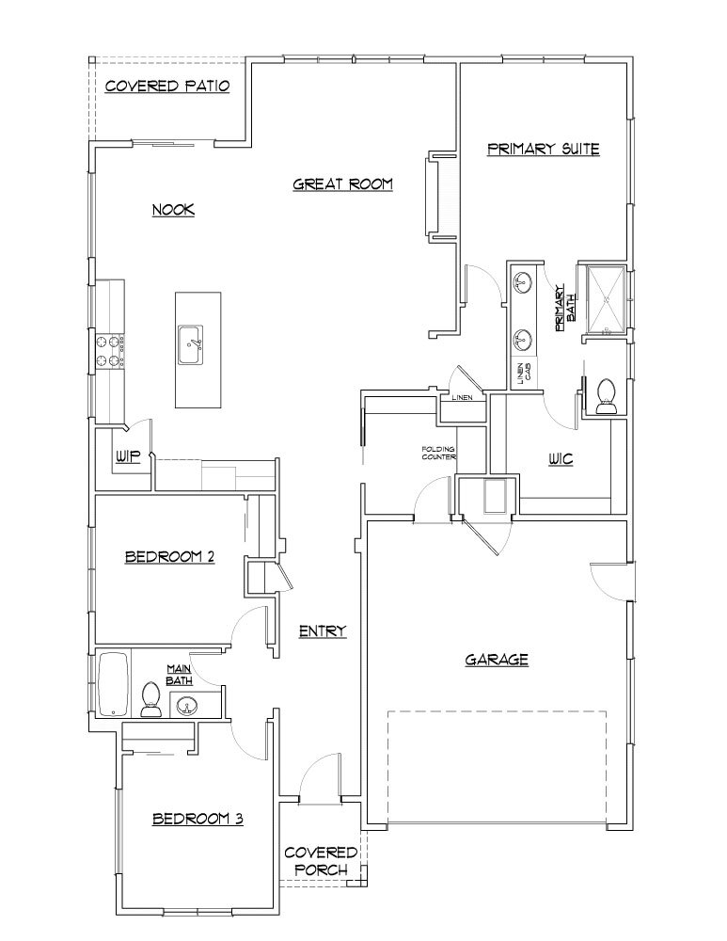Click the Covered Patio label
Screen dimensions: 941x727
[x=167, y=87]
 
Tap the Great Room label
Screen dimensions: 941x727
[x=342, y=183]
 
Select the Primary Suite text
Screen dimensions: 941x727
[x=544, y=149]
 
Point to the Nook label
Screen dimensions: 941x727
[x=173, y=210]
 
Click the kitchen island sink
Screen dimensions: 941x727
[x=193, y=345]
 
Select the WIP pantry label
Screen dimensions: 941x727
[x=128, y=456]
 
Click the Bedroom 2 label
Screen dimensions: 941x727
[x=170, y=557]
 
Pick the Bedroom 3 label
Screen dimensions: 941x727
[x=198, y=820]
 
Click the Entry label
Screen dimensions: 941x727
[x=323, y=631]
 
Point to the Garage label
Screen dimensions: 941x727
[x=497, y=660]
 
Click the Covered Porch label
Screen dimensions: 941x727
[x=321, y=860]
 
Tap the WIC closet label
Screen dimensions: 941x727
[x=562, y=459]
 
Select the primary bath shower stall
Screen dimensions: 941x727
[x=606, y=298]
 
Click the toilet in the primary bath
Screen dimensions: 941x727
[x=604, y=395]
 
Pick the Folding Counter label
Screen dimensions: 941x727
[x=438, y=453]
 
